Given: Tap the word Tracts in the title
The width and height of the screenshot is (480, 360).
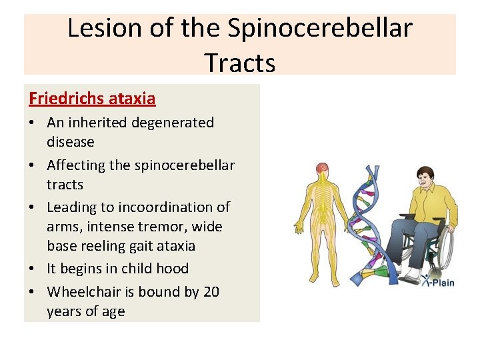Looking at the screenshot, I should click(x=240, y=63).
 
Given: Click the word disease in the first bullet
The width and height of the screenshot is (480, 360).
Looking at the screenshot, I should click(x=71, y=142).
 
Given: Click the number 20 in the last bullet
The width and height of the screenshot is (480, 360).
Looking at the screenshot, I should click(x=210, y=292).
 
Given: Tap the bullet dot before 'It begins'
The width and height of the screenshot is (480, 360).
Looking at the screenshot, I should click(x=33, y=269).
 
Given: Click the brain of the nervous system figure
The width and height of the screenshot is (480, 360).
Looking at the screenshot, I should click(x=322, y=169).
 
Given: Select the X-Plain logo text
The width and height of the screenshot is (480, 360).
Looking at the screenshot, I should click(x=438, y=282).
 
